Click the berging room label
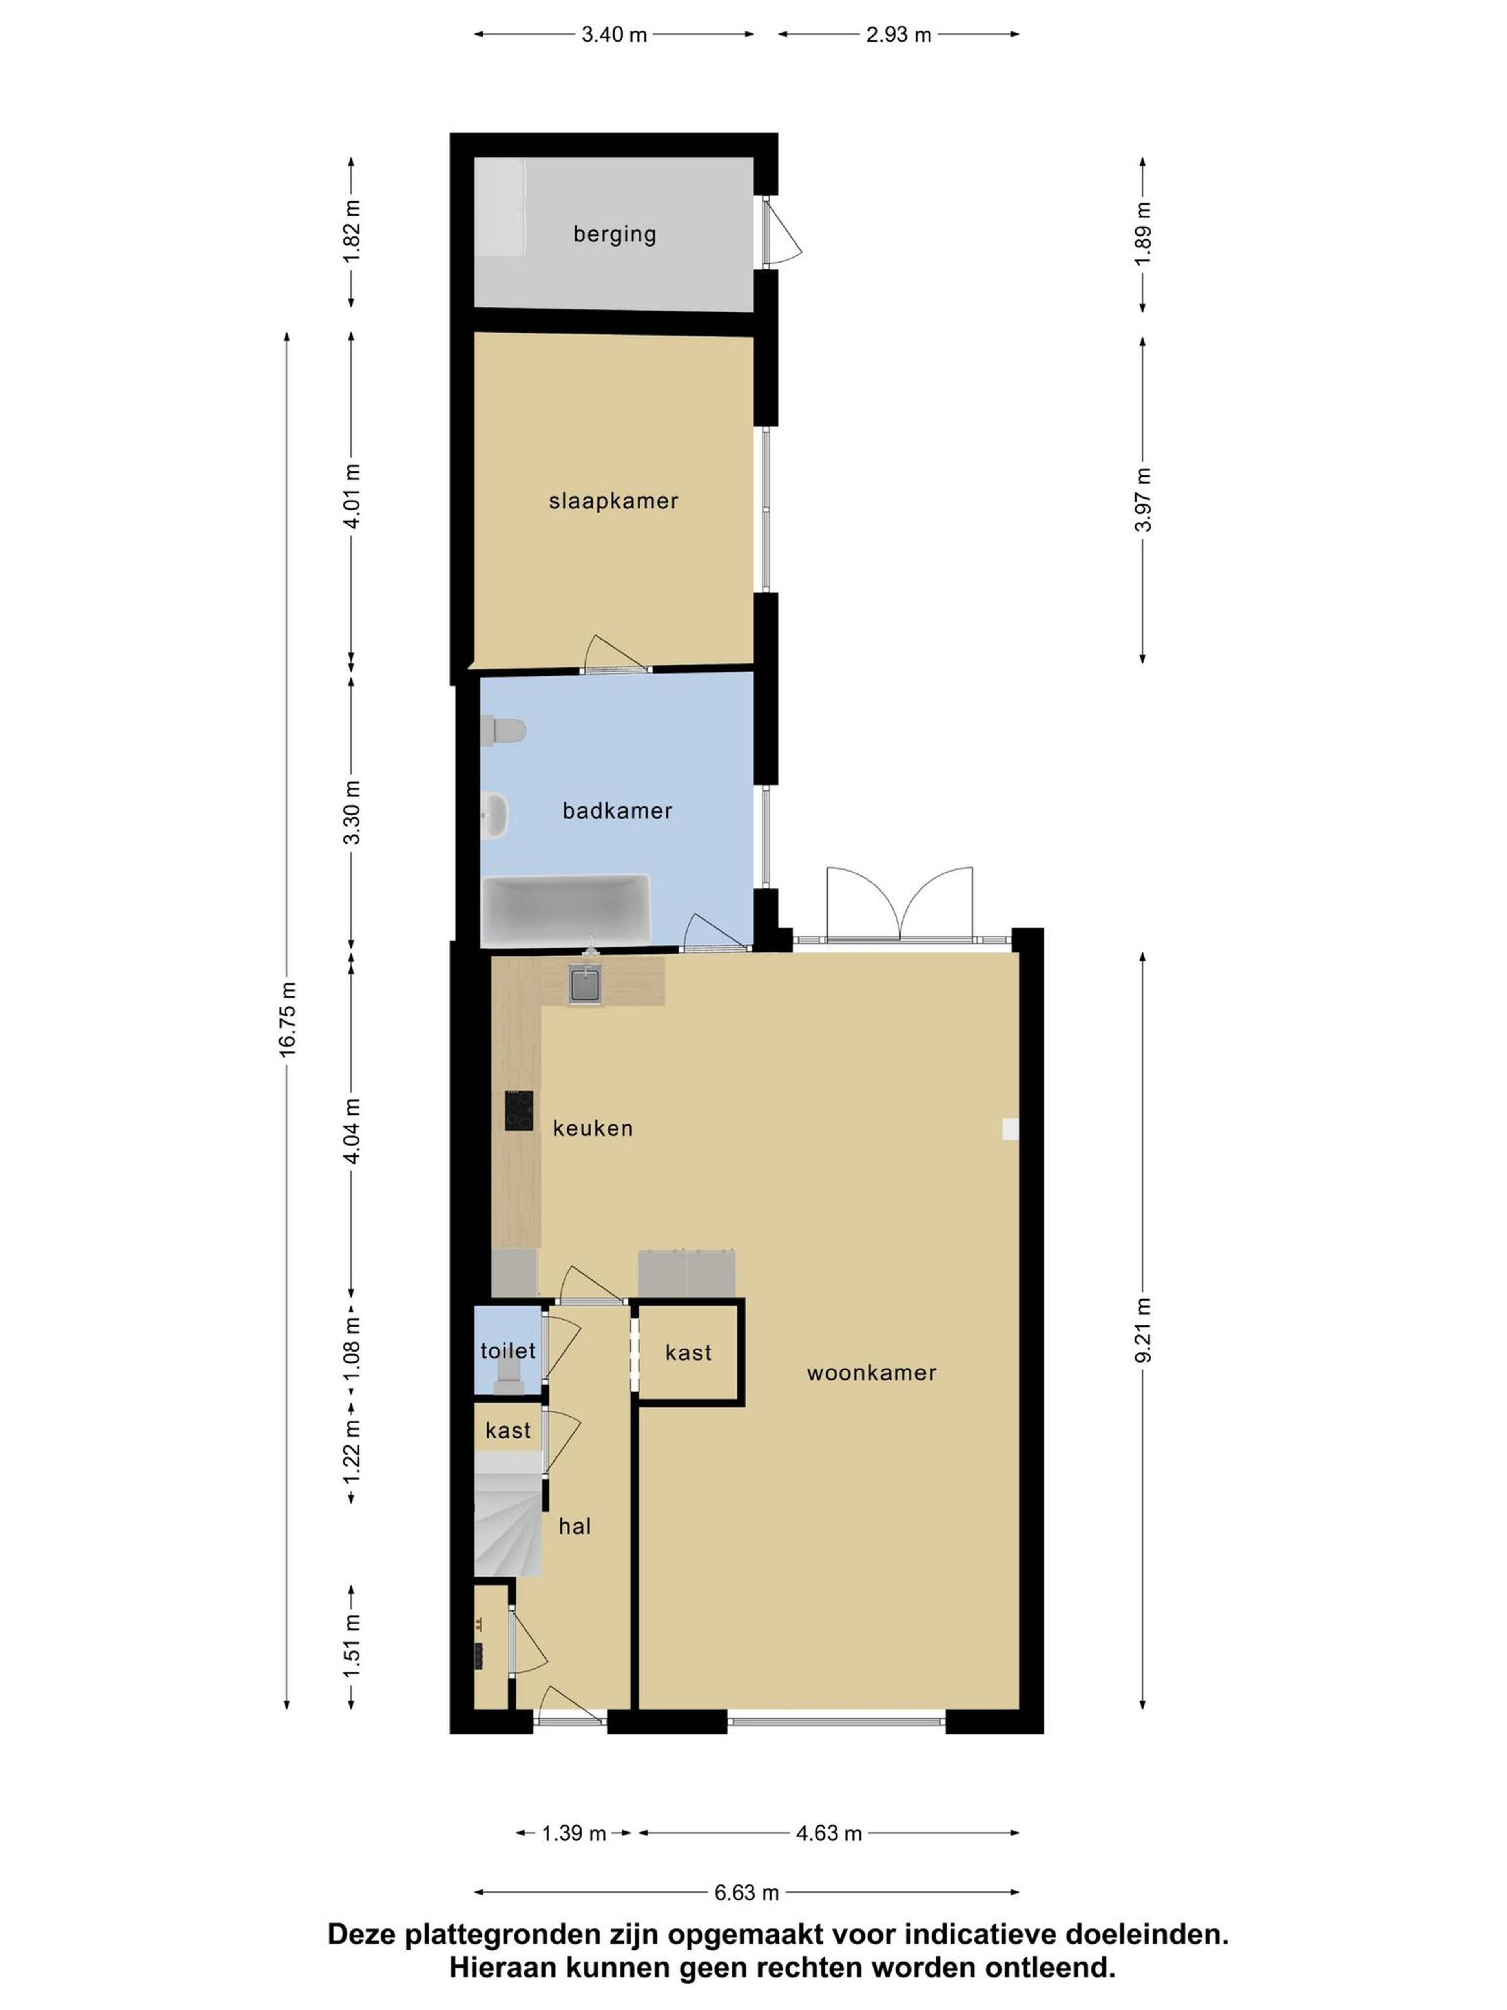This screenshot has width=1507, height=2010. [614, 234]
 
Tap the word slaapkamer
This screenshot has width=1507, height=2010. [613, 501]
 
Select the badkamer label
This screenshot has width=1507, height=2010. [617, 811]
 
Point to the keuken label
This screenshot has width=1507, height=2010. [592, 1127]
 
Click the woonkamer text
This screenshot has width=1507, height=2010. [871, 1372]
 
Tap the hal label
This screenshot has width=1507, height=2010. [574, 1526]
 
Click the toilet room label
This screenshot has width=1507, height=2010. [508, 1350]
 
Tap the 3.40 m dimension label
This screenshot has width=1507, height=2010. [614, 35]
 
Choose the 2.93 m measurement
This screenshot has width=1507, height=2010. [898, 35]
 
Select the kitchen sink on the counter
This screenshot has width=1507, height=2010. [586, 984]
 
